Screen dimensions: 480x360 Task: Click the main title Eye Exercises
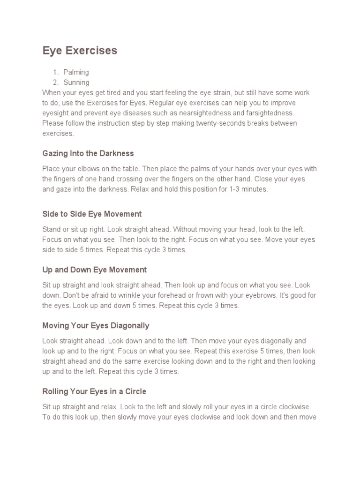[80, 51]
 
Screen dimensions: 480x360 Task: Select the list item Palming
[76, 72]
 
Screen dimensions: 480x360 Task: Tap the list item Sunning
[76, 82]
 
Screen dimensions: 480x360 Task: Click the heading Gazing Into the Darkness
[88, 153]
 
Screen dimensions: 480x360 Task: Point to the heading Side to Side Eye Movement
[92, 214]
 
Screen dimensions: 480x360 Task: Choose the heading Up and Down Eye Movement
[94, 270]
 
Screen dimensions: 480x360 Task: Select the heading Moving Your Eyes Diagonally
[96, 325]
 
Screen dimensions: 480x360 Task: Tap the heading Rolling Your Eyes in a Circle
[94, 391]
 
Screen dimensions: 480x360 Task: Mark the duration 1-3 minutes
[247, 189]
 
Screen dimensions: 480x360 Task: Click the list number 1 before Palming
[55, 72]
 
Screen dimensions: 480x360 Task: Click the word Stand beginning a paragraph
[51, 229]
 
